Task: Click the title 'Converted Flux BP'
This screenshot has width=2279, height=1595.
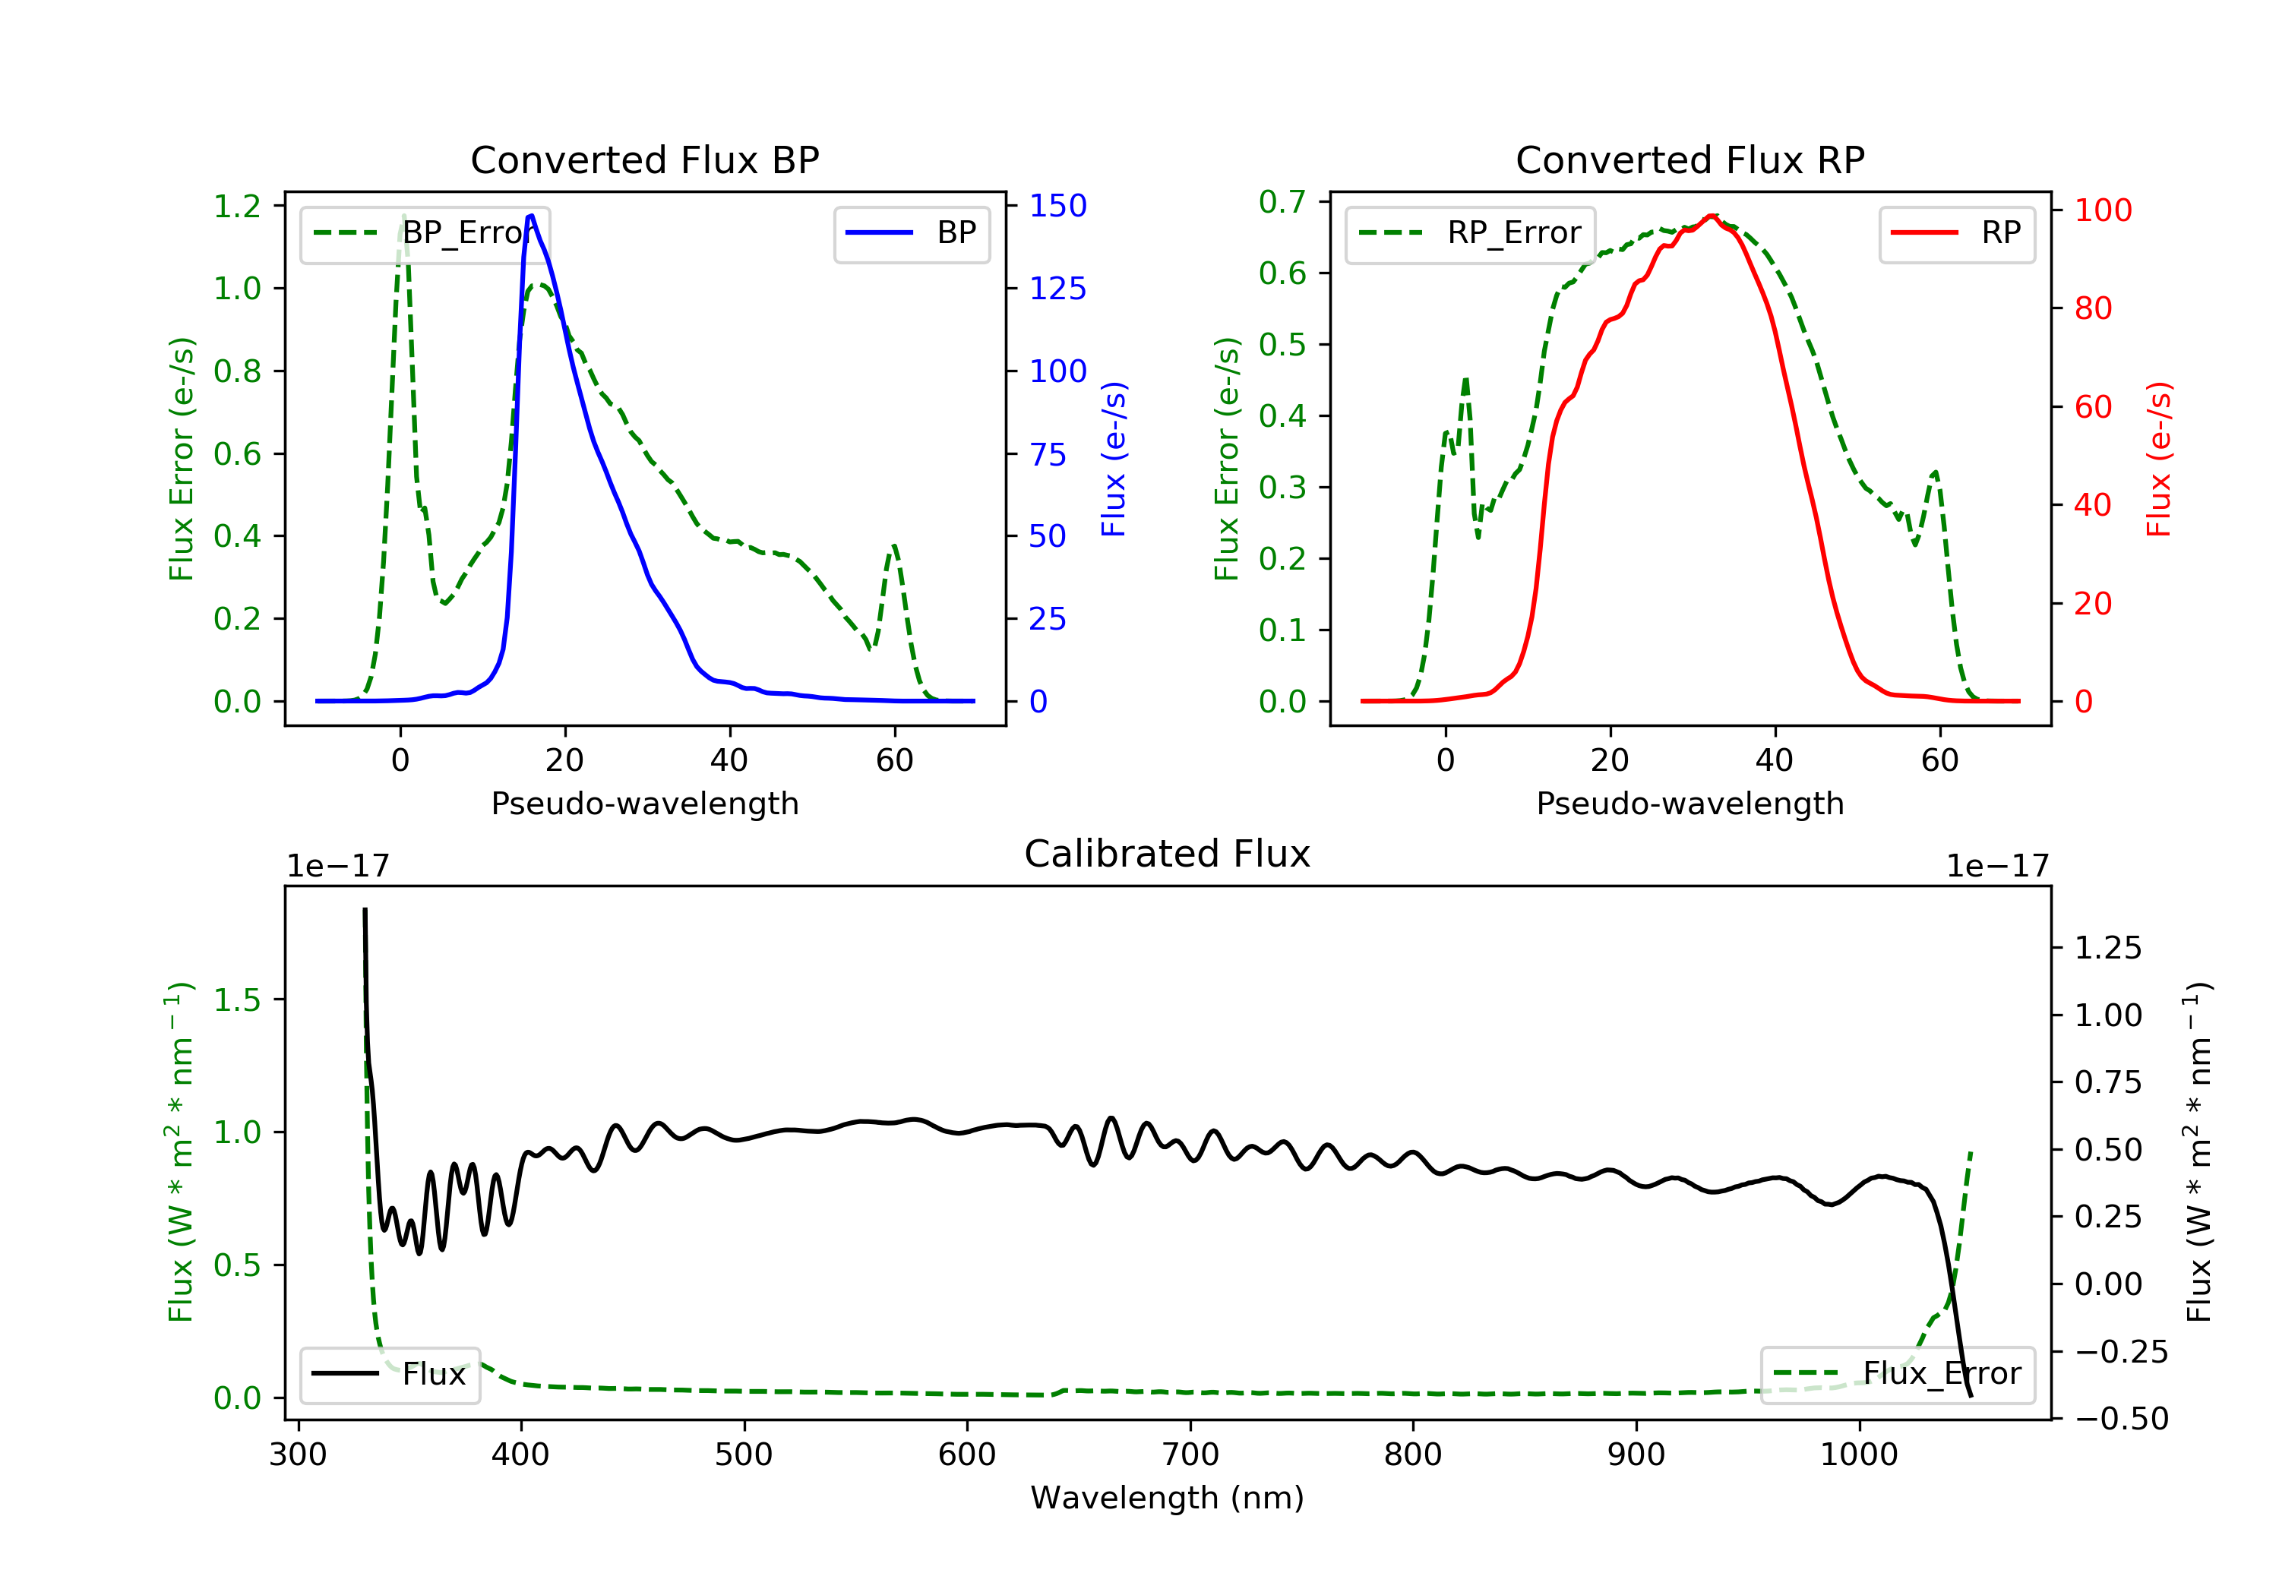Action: coord(644,159)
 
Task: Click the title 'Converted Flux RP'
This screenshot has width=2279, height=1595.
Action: coord(1689,159)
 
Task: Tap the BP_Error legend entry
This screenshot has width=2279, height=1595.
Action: coord(425,233)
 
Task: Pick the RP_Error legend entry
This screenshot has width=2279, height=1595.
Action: coord(1470,233)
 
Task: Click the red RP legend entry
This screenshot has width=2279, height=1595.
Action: coord(1956,233)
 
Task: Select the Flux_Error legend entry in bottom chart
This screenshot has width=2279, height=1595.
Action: coord(1897,1374)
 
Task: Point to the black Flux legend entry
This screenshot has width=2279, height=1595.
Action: coord(390,1374)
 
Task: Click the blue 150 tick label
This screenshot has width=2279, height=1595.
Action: coord(1057,206)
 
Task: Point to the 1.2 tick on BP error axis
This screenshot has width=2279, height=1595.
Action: coord(237,207)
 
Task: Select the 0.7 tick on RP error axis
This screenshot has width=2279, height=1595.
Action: coord(1282,201)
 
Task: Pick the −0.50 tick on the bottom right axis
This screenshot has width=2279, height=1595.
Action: coord(2121,1418)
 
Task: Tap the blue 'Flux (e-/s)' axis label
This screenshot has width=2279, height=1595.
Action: coord(1114,459)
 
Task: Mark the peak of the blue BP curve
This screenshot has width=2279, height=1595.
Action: coord(531,216)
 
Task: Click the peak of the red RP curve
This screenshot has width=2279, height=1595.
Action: coord(1712,216)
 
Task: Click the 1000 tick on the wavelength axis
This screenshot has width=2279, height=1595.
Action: coord(1858,1455)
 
